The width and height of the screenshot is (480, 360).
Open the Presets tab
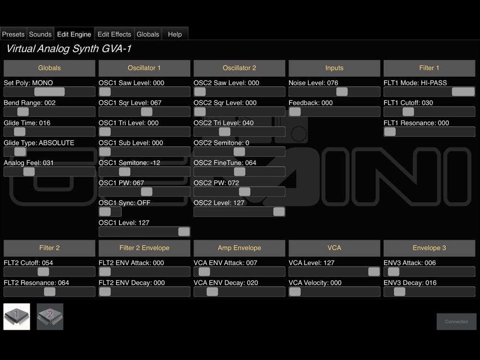click(13, 34)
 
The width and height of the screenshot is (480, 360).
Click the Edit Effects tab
click(114, 34)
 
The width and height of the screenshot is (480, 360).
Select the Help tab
click(175, 34)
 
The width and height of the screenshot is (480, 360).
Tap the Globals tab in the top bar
click(148, 34)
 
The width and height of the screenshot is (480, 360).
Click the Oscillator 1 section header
click(144, 68)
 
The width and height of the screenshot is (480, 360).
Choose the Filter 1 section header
click(429, 68)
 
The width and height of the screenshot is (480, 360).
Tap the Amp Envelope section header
click(240, 248)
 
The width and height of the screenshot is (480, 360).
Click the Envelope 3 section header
click(429, 248)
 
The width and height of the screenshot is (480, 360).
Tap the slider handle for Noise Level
click(342, 92)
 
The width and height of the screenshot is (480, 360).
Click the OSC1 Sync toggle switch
click(110, 212)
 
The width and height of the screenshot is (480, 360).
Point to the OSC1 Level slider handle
click(184, 232)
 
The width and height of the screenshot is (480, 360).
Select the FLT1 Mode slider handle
click(463, 92)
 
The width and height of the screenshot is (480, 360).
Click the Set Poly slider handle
click(49, 92)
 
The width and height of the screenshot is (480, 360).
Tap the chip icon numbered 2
click(50, 316)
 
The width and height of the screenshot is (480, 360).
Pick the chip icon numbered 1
click(16, 316)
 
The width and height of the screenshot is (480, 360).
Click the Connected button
click(456, 322)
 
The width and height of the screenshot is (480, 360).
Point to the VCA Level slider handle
click(374, 272)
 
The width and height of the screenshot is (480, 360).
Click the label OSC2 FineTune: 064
click(225, 163)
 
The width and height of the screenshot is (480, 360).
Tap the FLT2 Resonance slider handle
click(49, 292)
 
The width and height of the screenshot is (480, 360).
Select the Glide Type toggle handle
click(20, 152)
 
